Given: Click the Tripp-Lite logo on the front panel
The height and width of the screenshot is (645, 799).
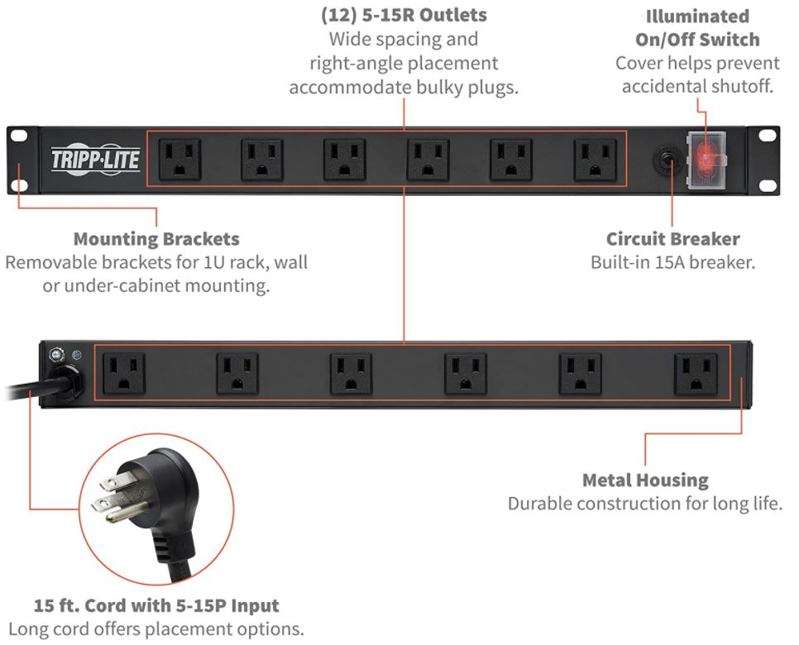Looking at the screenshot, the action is point(95,160).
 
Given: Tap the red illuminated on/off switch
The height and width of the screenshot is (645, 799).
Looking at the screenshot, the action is point(706,159).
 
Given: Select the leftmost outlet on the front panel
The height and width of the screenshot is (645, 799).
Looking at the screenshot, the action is point(179,160).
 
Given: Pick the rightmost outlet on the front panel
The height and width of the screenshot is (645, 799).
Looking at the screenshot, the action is point(596,160).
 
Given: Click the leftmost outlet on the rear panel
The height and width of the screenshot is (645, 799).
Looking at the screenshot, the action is point(124,374).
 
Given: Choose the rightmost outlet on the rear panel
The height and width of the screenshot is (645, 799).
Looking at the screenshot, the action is point(696,375).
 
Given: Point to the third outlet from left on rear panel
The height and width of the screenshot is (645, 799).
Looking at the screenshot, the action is point(351,375).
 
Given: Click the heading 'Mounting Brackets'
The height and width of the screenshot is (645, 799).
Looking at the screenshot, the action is point(156,239).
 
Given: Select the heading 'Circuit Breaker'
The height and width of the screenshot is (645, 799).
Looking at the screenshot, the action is point(672,239).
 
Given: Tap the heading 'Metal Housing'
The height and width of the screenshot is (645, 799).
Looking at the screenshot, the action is point(645,480).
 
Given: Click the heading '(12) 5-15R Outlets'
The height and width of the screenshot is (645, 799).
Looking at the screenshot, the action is point(404,15).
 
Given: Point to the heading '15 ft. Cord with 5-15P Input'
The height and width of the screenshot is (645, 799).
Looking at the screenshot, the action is point(156,605).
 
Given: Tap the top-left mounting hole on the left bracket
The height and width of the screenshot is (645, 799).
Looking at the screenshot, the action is point(19,136).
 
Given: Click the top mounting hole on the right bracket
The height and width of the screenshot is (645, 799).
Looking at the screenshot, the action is point(767,136).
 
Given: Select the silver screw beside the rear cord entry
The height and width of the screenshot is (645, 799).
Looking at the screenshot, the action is point(56,355).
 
